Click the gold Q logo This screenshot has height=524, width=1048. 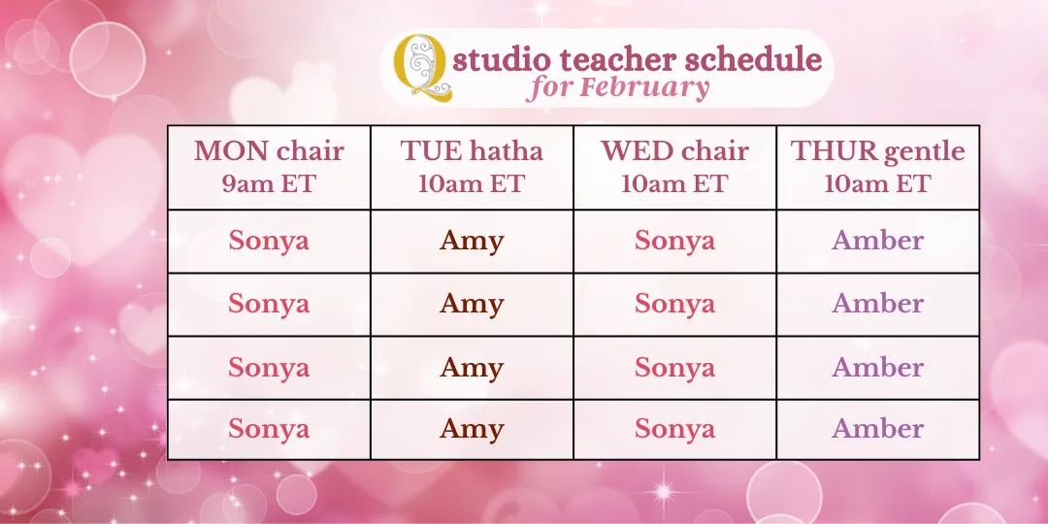421,68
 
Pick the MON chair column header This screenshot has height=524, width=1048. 269,151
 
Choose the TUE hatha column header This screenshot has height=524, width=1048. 472,151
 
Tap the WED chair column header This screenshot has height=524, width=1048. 674,151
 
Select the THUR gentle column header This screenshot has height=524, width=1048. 877,151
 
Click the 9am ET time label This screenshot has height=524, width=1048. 269,183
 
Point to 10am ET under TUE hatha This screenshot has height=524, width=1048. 472,183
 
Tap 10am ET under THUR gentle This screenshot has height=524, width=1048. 877,183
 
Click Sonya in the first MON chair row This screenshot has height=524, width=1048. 269,242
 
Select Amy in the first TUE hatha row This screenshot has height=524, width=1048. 472,242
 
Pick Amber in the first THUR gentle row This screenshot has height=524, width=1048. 877,240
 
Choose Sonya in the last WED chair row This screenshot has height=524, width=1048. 674,430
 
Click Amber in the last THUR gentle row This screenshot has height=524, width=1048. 877,429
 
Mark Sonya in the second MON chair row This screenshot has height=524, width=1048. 269,305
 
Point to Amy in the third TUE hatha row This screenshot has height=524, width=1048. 472,369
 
